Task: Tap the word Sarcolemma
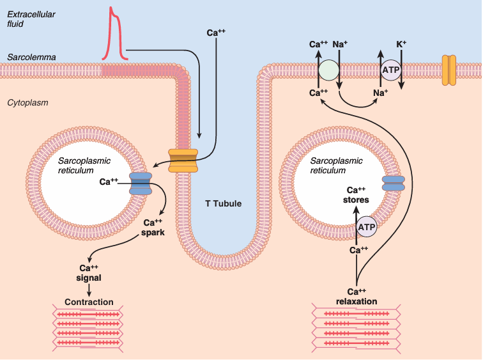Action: [x=31, y=58]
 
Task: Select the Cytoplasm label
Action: [x=27, y=102]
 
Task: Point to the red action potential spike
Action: [x=114, y=32]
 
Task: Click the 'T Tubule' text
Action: [x=223, y=204]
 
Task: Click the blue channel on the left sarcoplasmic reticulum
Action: [x=141, y=183]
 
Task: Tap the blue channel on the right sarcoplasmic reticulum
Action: [x=393, y=184]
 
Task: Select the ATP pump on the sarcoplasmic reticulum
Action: [x=367, y=226]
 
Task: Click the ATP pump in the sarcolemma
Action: [x=391, y=70]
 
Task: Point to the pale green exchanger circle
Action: [x=329, y=70]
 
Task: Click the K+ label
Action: [x=402, y=44]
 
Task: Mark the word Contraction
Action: [x=89, y=302]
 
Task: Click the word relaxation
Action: [x=356, y=301]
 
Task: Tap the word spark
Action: [x=153, y=233]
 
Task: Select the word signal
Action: [x=89, y=278]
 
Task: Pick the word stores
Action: [x=356, y=200]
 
